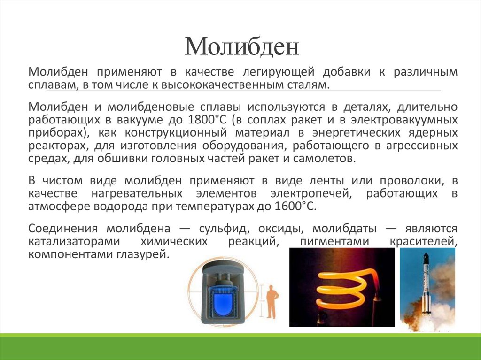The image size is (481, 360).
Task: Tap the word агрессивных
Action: (x=422, y=146)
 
